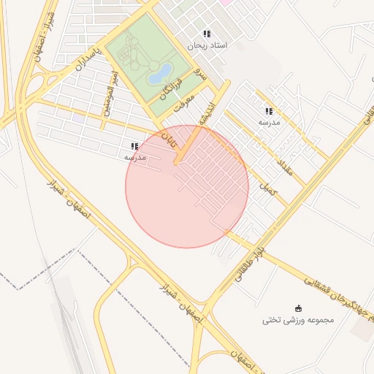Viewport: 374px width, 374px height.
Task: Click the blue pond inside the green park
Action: point(160,72)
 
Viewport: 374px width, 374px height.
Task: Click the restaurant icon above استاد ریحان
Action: point(207,34)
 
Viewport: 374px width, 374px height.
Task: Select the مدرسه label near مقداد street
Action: point(269,123)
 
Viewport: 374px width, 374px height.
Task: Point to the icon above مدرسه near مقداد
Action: point(269,111)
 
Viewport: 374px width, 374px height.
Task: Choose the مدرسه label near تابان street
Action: point(134,157)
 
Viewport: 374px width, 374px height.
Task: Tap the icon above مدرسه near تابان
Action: point(134,146)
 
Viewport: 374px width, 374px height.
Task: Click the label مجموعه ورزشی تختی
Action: point(297,320)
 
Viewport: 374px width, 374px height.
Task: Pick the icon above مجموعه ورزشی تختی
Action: point(297,308)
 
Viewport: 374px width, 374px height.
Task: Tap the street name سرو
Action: point(201,75)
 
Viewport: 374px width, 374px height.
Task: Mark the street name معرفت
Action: point(184,103)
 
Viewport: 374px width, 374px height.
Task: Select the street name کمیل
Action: point(270,188)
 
